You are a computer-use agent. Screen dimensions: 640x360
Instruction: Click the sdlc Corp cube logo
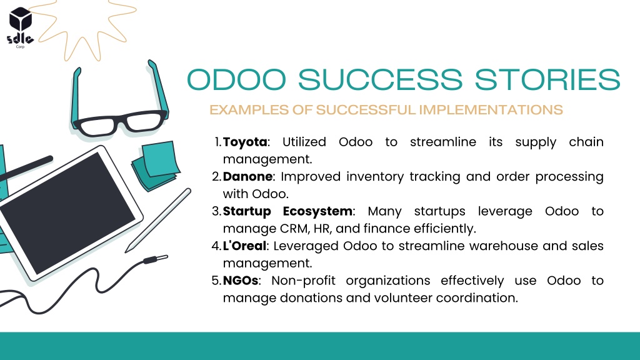click(x=21, y=26)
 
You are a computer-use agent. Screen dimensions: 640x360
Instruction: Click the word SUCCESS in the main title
click(x=380, y=79)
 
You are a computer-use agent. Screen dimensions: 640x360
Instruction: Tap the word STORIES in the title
click(x=547, y=79)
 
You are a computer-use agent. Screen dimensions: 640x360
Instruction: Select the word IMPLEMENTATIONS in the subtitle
click(x=491, y=110)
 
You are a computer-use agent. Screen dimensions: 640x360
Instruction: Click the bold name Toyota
click(x=245, y=142)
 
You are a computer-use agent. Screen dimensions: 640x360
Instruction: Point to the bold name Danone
click(x=247, y=176)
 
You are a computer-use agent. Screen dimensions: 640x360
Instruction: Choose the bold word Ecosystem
click(x=317, y=211)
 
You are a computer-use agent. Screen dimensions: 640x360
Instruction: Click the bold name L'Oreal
click(x=244, y=246)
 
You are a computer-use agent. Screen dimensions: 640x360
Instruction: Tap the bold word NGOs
click(x=241, y=281)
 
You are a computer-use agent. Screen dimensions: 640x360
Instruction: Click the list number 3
click(x=216, y=211)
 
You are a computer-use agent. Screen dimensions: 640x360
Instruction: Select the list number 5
click(x=216, y=281)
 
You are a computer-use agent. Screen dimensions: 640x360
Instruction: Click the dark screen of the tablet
click(x=68, y=212)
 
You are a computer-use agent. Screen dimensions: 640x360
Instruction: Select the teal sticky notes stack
click(x=156, y=165)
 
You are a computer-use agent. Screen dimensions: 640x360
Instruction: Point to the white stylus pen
click(x=158, y=221)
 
